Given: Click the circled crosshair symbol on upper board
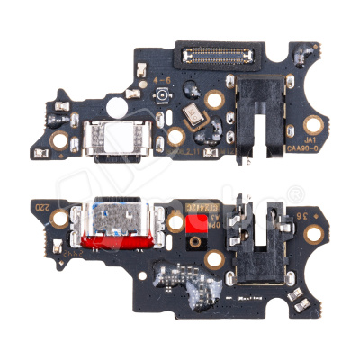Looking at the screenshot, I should [x=163, y=96].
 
